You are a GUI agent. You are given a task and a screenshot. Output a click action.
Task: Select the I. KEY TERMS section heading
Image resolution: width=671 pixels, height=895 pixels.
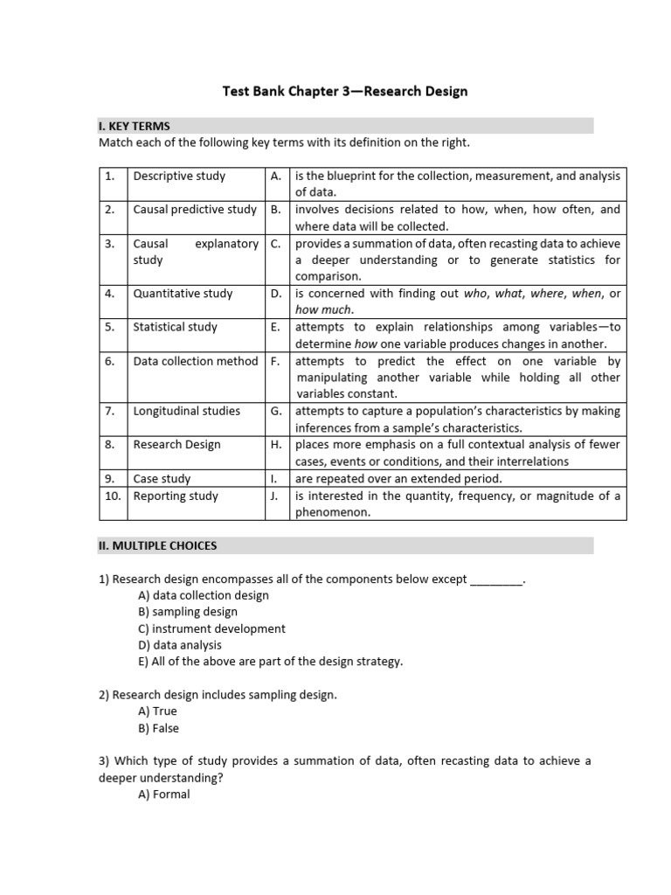pyautogui.click(x=134, y=126)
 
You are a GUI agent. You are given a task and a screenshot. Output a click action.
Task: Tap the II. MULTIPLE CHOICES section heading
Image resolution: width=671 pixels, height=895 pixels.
pyautogui.click(x=157, y=545)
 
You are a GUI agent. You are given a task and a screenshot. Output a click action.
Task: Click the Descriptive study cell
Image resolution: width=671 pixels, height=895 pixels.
pyautogui.click(x=179, y=176)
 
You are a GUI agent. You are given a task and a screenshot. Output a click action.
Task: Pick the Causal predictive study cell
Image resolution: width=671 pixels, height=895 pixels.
pyautogui.click(x=195, y=210)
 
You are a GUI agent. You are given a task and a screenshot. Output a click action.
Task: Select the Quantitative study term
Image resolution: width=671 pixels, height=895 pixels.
pyautogui.click(x=183, y=294)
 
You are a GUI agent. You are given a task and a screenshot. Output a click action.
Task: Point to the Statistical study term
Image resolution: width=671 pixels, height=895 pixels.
pyautogui.click(x=175, y=327)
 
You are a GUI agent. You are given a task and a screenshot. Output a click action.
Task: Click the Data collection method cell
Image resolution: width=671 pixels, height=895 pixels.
pyautogui.click(x=196, y=361)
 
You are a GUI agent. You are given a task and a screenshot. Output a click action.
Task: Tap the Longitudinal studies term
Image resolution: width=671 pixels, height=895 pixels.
pyautogui.click(x=186, y=411)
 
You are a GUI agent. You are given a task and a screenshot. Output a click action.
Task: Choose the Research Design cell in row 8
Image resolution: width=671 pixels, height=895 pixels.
pyautogui.click(x=176, y=445)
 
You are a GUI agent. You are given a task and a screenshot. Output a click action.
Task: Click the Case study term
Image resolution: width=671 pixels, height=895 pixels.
pyautogui.click(x=162, y=479)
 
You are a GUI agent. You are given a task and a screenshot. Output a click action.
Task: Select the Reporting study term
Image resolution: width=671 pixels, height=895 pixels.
pyautogui.click(x=176, y=496)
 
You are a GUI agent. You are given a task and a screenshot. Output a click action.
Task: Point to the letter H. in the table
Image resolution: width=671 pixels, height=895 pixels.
pyautogui.click(x=276, y=445)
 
